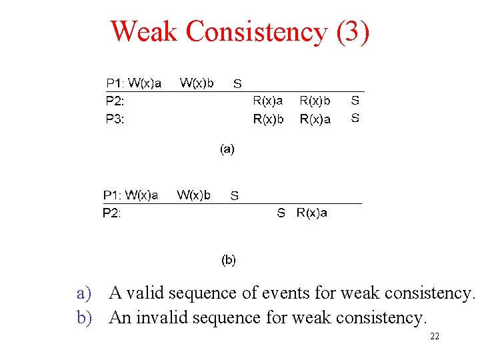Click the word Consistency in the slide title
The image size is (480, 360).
[257, 31]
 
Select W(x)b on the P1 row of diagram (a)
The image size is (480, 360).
[197, 83]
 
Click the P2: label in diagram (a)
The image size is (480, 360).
[115, 101]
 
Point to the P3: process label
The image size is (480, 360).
[115, 119]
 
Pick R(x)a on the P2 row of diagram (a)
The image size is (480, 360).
[268, 101]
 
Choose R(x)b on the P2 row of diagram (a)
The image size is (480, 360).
[315, 101]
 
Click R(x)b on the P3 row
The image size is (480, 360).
[268, 119]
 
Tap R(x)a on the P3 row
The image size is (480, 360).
[315, 119]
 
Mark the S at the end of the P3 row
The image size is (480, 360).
[355, 119]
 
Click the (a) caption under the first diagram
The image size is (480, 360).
[227, 149]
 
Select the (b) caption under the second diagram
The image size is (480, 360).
[228, 259]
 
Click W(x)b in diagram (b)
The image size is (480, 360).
[193, 195]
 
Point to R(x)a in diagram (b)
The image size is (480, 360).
[312, 213]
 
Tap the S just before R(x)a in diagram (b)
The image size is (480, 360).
[281, 213]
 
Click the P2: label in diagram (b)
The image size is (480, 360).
[111, 213]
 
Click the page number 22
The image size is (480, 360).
[435, 337]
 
